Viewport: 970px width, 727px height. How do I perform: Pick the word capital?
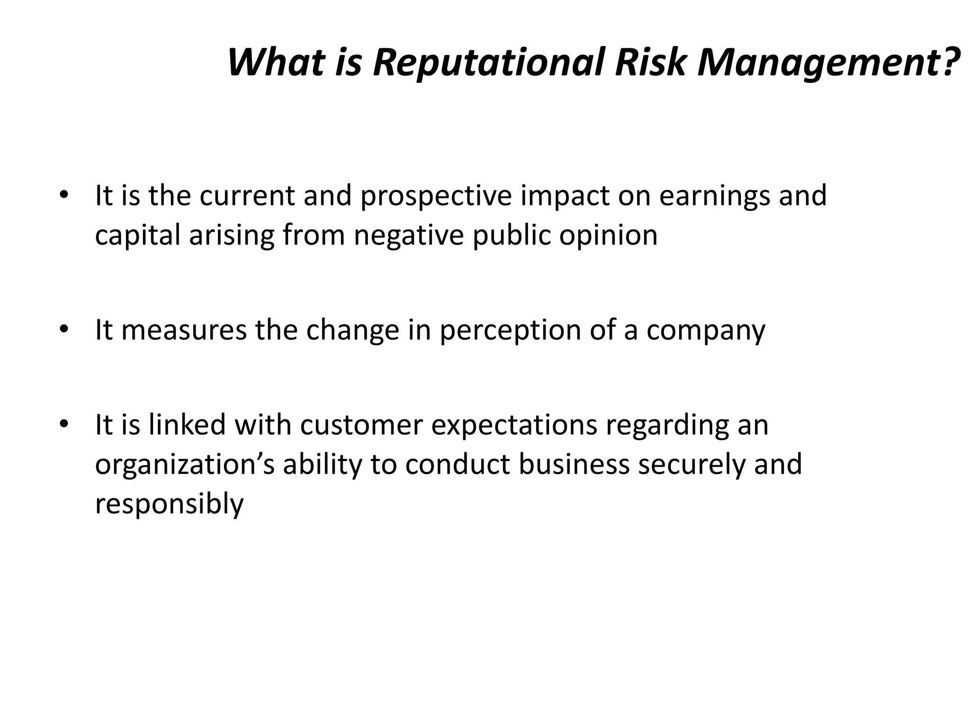pyautogui.click(x=137, y=236)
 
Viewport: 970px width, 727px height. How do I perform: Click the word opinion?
pyautogui.click(x=608, y=236)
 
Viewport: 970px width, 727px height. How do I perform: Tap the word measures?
pyautogui.click(x=184, y=330)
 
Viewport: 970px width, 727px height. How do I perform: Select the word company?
pyautogui.click(x=706, y=331)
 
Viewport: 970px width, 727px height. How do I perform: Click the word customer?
pyautogui.click(x=361, y=425)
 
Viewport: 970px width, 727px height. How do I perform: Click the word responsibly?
pyautogui.click(x=169, y=504)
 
